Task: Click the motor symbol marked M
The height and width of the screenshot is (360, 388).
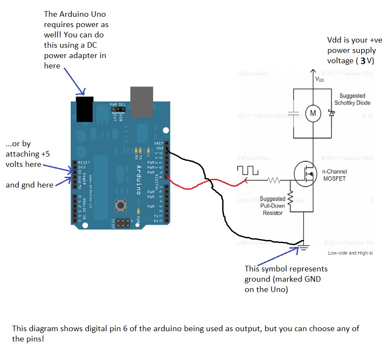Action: [313, 113]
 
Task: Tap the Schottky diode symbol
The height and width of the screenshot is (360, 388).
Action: [331, 113]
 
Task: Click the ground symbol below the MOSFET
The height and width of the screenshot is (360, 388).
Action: [304, 247]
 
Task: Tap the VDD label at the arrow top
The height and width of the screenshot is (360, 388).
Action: [320, 80]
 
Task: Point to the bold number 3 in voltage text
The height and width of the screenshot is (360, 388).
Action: [363, 61]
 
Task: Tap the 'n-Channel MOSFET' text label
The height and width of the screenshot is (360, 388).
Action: [335, 175]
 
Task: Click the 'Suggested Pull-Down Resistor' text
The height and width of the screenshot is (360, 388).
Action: [272, 206]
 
